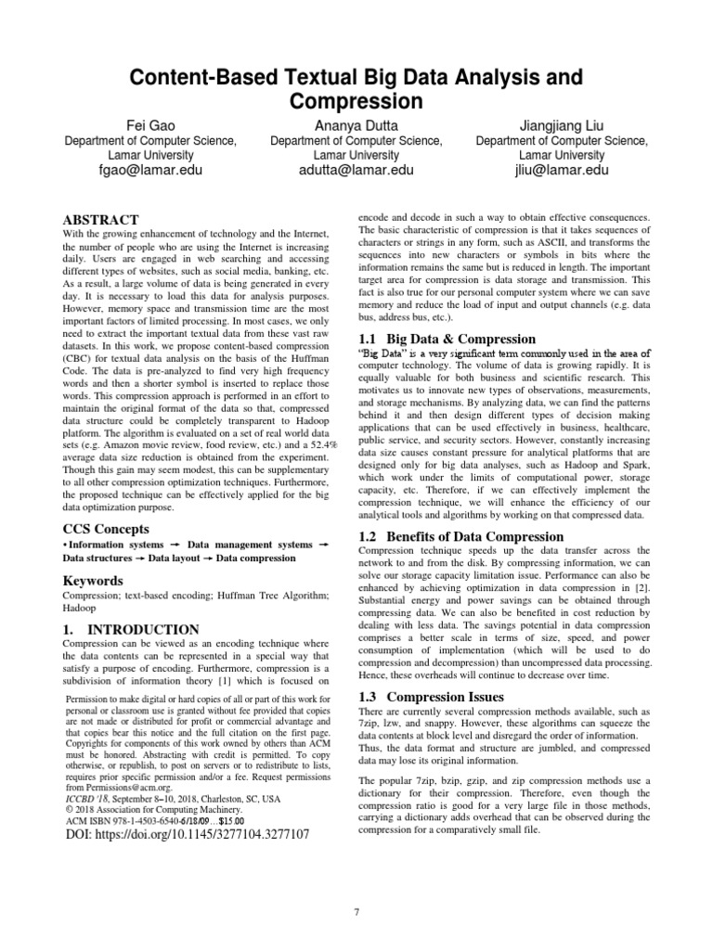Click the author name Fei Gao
click(x=149, y=124)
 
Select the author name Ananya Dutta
click(x=356, y=124)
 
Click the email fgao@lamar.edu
click(x=149, y=171)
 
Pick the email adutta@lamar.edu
click(x=356, y=171)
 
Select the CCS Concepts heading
click(x=107, y=528)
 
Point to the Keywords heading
click(x=93, y=581)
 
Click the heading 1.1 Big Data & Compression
click(x=447, y=339)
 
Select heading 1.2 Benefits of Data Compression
click(x=460, y=536)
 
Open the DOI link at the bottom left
click(x=188, y=835)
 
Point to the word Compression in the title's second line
click(x=356, y=99)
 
